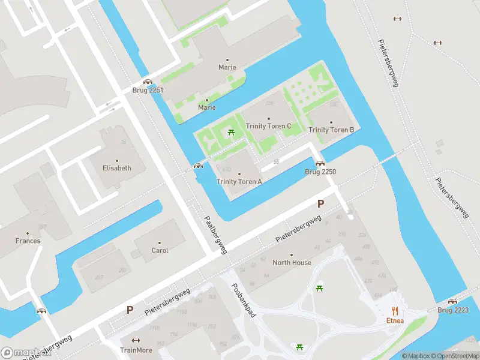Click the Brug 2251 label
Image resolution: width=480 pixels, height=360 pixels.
coord(148,90)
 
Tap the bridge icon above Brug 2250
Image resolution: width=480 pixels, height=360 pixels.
coord(320,163)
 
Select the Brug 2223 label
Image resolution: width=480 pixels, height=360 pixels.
coord(453,310)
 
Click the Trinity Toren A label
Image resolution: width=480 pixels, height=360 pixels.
coord(239,181)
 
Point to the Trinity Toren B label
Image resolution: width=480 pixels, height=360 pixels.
coord(331,130)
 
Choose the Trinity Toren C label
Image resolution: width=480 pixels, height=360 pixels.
coord(268,126)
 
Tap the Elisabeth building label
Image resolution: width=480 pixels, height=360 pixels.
coord(116,168)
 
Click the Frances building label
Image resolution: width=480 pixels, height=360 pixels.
coord(28,241)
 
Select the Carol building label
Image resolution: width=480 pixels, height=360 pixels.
coord(160,250)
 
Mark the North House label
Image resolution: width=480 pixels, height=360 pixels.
coord(292,262)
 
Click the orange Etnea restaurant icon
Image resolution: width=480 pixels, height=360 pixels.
coord(395,310)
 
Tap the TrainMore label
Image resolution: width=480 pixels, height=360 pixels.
coord(136,350)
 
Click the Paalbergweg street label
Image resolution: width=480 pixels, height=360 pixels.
coord(215,235)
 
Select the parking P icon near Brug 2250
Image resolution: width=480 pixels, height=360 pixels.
coord(320,204)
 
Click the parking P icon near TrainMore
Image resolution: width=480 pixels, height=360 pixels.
coord(130,310)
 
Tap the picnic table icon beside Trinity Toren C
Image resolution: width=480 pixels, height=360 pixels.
coord(231,131)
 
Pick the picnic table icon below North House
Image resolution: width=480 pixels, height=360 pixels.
coord(319,289)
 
